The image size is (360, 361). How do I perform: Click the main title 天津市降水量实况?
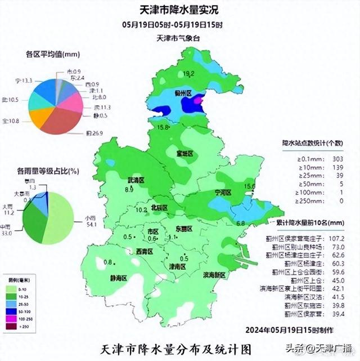pos(179,10)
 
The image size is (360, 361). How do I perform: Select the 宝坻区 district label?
pos(184,153)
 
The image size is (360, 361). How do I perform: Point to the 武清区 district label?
pos(136,180)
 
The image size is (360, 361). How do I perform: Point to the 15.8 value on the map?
pos(163,128)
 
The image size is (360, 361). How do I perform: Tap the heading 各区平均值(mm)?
pos(53,55)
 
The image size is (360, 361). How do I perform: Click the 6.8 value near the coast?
pos(241,224)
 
